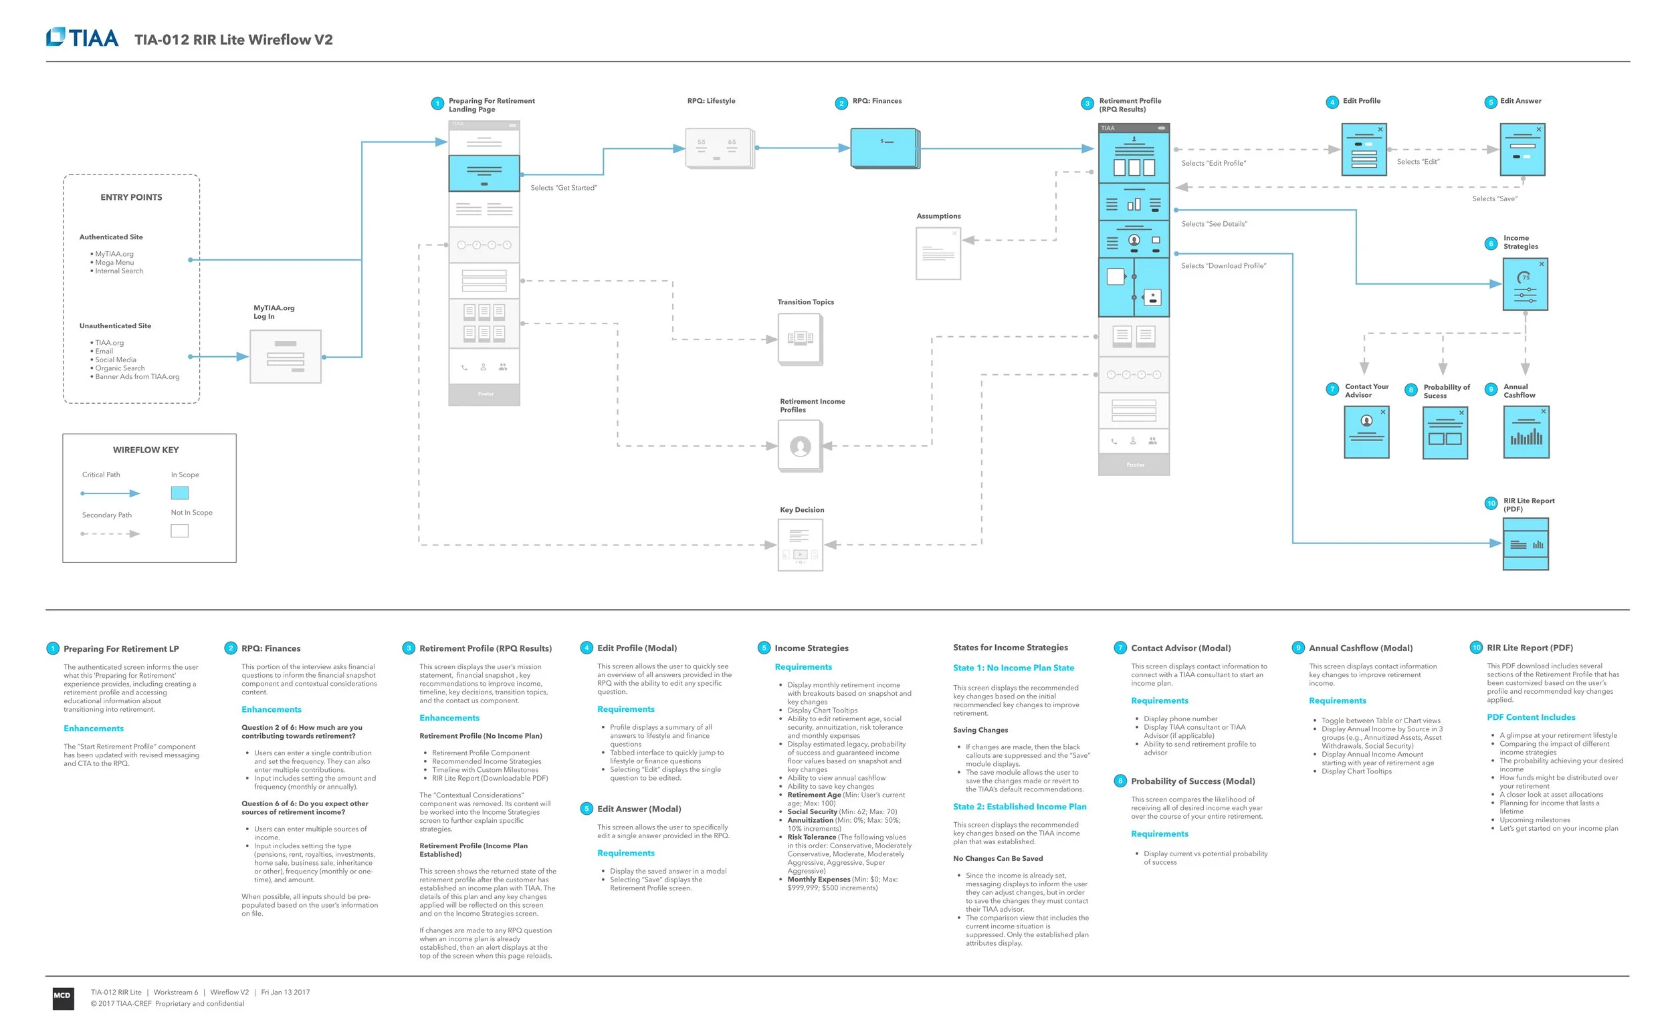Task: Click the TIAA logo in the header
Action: coord(82,37)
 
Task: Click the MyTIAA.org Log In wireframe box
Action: coord(286,356)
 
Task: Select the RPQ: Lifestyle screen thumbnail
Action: coord(719,148)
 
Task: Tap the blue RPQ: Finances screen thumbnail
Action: coord(885,148)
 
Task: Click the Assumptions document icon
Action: coord(938,253)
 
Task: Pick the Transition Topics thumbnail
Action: coord(800,338)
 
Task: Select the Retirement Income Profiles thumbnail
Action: coord(800,446)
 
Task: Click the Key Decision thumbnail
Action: coord(800,544)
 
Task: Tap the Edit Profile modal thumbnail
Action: coord(1364,149)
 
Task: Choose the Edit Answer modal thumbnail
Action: coord(1522,149)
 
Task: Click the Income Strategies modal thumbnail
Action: coord(1525,284)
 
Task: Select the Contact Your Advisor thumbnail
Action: coord(1366,432)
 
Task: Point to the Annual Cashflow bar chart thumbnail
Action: coord(1526,432)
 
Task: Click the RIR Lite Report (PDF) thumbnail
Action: coord(1526,544)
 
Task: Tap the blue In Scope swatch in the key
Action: coord(179,493)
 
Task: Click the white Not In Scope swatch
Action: coord(179,531)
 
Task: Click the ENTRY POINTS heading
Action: coord(131,198)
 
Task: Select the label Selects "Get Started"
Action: coord(564,188)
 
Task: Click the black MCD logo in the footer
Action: coord(63,997)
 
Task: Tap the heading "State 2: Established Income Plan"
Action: coord(1019,807)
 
